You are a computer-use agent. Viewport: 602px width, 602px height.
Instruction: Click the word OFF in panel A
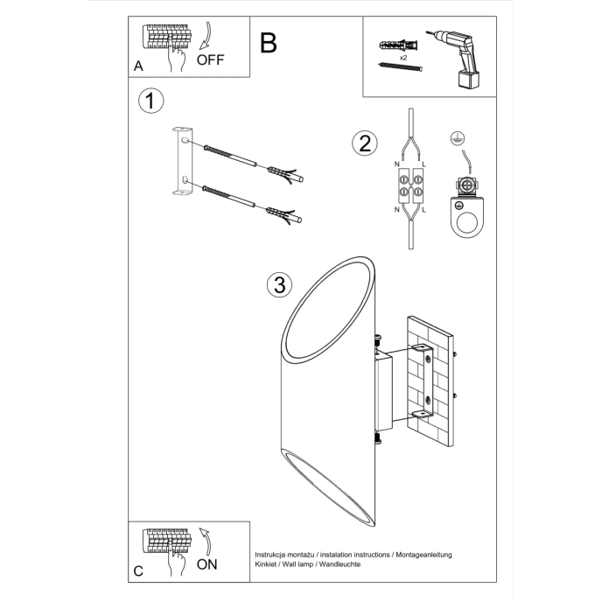click(212, 59)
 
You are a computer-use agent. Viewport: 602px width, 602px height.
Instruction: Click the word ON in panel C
click(207, 563)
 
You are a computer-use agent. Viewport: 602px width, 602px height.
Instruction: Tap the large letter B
click(269, 42)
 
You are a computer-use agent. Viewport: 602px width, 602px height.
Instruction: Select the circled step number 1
click(150, 101)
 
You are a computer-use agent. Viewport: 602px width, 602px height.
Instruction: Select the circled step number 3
click(278, 284)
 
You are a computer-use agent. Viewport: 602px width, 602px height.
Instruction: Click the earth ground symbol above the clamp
click(454, 137)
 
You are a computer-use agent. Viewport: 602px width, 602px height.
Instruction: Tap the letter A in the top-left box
click(138, 66)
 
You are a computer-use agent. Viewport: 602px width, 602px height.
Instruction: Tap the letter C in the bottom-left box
click(138, 570)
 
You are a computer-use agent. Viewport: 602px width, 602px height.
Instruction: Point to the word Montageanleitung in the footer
click(422, 555)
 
